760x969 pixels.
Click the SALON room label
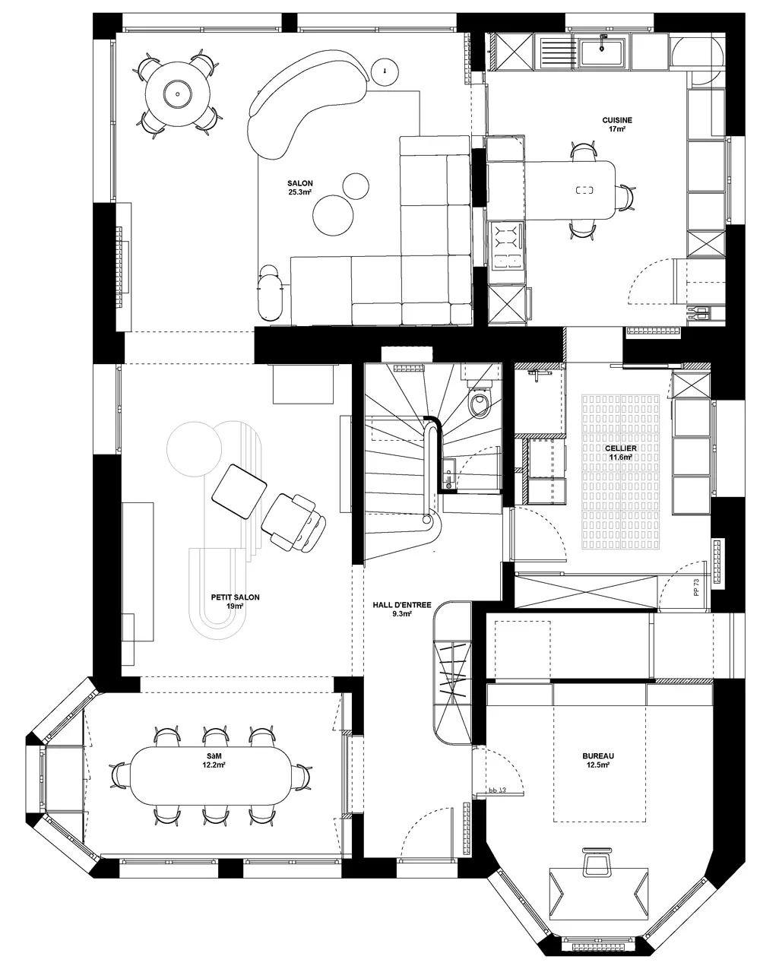[x=299, y=183]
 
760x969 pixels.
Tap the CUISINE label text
[x=617, y=120]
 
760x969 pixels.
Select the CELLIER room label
[x=620, y=448]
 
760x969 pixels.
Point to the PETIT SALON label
[x=235, y=597]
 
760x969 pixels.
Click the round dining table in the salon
[x=178, y=94]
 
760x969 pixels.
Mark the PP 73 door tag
[x=696, y=587]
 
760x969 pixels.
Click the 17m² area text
[x=617, y=129]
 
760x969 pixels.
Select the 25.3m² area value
[x=299, y=192]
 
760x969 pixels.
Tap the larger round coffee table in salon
[x=333, y=215]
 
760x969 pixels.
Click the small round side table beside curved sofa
[x=385, y=71]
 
